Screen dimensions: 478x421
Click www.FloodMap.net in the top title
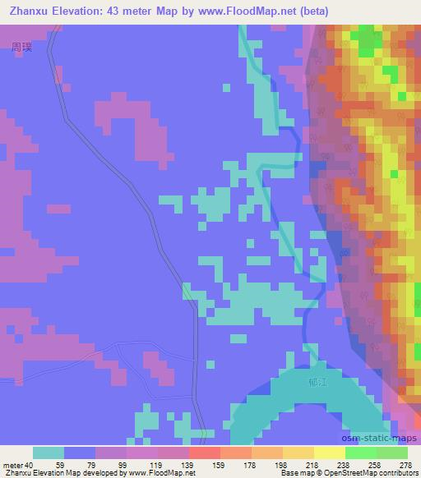[271, 11]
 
